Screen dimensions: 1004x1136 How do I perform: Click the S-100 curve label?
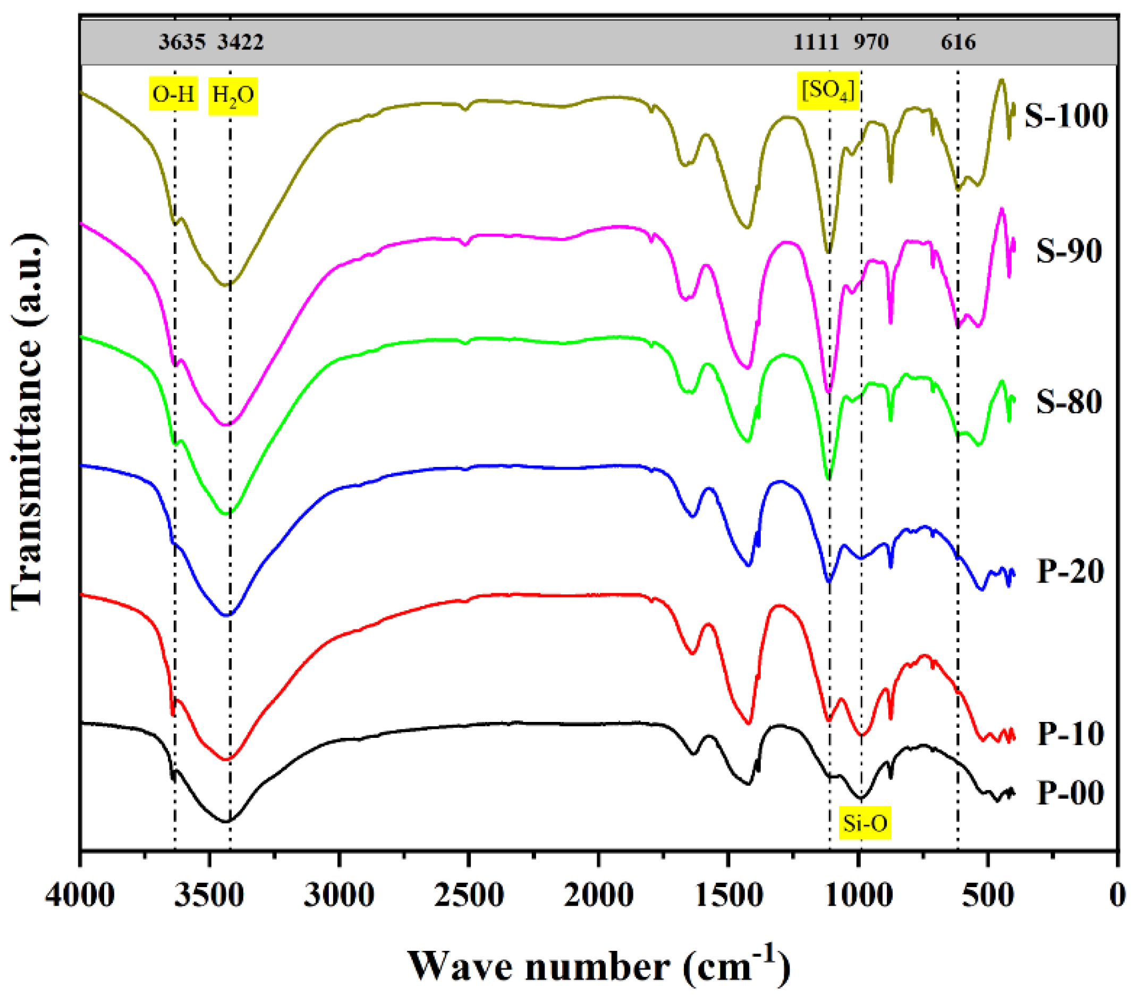1065,116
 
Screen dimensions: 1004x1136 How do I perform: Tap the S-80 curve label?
1069,401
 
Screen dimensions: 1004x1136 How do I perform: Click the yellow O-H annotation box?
173,95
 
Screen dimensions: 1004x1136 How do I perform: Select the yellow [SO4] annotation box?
827,90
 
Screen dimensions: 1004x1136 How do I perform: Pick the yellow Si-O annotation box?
865,823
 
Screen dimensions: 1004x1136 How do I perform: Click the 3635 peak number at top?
182,42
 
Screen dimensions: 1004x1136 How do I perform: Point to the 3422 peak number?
240,42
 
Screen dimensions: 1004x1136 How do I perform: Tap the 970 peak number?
871,42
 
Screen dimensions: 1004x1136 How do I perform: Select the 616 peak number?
958,42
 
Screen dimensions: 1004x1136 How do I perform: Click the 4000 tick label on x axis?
80,896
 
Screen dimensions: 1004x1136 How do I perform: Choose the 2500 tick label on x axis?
469,896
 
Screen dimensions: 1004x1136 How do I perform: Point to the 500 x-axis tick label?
988,896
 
